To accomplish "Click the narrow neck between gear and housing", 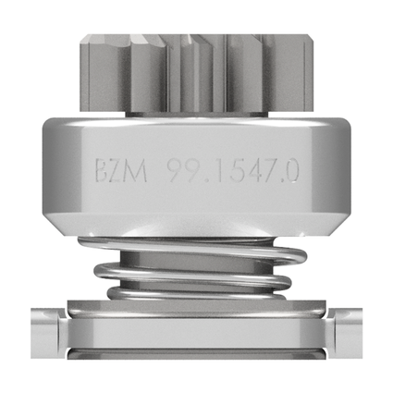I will [x=197, y=112].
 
